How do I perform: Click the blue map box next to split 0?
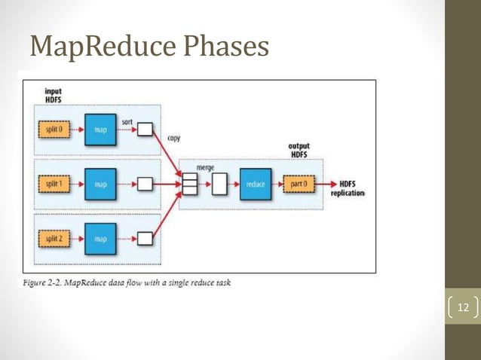pos(100,129)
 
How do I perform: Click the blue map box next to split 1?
pos(100,184)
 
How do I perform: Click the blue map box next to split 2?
pos(100,239)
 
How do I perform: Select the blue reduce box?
pos(255,184)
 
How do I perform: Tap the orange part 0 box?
pos(299,184)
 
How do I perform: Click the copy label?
pos(173,139)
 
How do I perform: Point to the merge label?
pos(204,167)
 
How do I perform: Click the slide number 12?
pos(462,307)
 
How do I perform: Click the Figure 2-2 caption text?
pos(127,283)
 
